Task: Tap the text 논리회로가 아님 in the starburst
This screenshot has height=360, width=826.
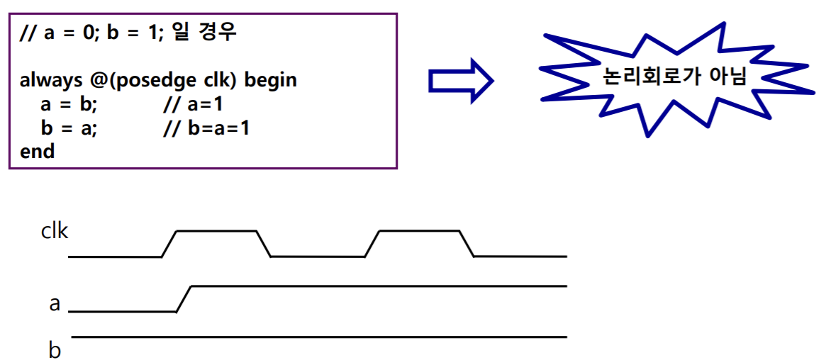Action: (x=674, y=77)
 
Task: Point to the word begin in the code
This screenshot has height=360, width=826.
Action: (x=271, y=80)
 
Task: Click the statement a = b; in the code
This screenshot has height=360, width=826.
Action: (x=69, y=105)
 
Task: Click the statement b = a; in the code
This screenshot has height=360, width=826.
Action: (x=69, y=128)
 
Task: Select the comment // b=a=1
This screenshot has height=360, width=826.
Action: (x=206, y=128)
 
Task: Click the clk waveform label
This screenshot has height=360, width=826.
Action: (x=54, y=232)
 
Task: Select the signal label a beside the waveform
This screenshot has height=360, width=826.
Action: (x=55, y=304)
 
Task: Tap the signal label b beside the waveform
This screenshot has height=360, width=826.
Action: (x=55, y=350)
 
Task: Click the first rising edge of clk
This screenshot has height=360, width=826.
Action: (x=169, y=244)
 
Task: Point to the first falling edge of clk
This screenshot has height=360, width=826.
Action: (x=264, y=244)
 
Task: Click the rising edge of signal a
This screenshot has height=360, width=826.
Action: (x=183, y=298)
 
